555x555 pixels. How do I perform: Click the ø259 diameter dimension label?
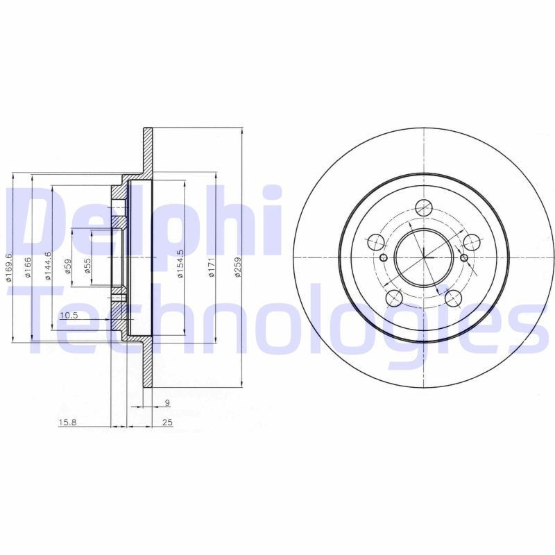pyautogui.click(x=237, y=268)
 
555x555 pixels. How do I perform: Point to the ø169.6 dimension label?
pyautogui.click(x=8, y=267)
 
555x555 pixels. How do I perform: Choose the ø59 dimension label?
pyautogui.click(x=67, y=267)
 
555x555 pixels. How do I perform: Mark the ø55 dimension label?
pyautogui.click(x=87, y=267)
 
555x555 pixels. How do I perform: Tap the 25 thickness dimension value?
pyautogui.click(x=167, y=422)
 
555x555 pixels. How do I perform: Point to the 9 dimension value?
pyautogui.click(x=167, y=402)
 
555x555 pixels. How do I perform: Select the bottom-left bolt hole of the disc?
pyautogui.click(x=393, y=298)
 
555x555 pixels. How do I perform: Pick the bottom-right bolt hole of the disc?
pyautogui.click(x=454, y=298)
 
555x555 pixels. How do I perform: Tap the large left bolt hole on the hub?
pyautogui.click(x=375, y=242)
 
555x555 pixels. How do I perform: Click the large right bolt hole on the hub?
pyautogui.click(x=472, y=242)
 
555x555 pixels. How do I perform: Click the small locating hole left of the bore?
pyautogui.click(x=383, y=258)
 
